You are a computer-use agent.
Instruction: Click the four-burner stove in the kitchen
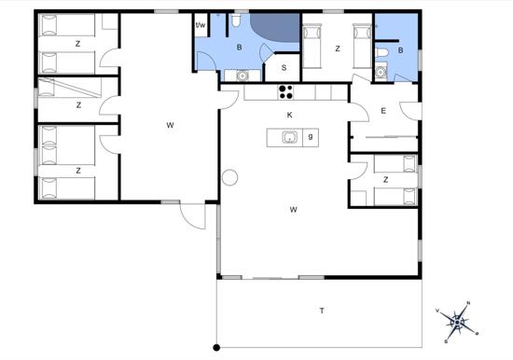tap(286, 92)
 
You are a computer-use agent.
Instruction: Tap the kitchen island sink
tap(289, 137)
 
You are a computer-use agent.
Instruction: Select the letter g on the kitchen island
tap(311, 136)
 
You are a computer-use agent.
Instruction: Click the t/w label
tap(201, 25)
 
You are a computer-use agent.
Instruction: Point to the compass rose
tap(457, 323)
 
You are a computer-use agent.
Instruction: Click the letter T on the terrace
tap(323, 311)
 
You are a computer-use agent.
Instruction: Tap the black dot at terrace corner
tap(216, 348)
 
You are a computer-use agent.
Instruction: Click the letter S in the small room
tap(284, 68)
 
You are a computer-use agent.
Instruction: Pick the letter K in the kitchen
tap(289, 115)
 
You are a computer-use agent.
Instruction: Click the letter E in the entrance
tap(383, 111)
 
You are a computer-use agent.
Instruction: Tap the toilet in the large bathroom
tap(236, 20)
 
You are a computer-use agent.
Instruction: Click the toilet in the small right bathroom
tap(381, 52)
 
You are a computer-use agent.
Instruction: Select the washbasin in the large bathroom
tap(243, 76)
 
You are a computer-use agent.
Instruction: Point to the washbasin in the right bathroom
tap(381, 72)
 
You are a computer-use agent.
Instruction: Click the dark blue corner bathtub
tap(275, 27)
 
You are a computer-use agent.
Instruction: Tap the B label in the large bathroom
tap(239, 48)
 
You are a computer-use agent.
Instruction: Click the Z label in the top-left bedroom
tap(77, 44)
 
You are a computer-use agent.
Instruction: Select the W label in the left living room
tap(170, 125)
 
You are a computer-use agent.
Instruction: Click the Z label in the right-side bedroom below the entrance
tap(386, 180)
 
